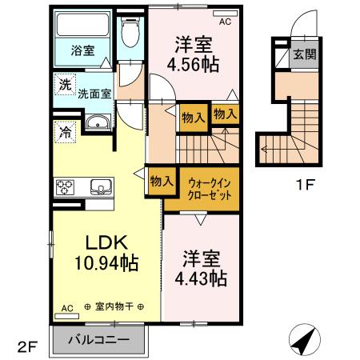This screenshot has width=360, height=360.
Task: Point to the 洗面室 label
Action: point(94,94)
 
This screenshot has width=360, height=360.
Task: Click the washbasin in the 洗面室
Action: point(97,123)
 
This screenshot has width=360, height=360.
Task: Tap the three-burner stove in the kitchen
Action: point(64,187)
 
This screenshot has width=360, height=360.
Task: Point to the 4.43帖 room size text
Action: point(201,269)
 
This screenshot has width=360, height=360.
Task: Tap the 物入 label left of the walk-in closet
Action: point(161,182)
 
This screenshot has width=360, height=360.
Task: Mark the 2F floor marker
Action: point(27,346)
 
